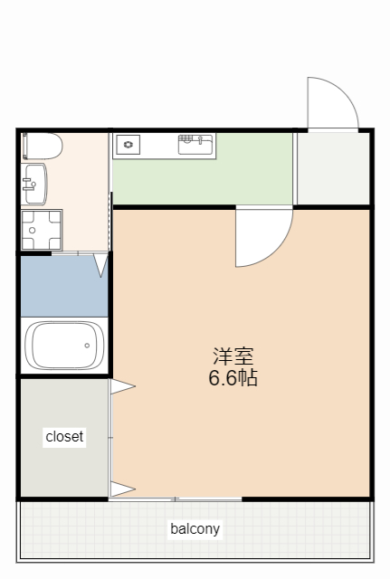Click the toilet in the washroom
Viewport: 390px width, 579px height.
pos(42,147)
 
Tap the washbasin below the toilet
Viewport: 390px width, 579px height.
pos(34,185)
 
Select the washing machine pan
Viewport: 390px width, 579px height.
pos(42,230)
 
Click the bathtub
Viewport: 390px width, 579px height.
pos(64,346)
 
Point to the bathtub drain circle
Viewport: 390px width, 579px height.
pos(87,346)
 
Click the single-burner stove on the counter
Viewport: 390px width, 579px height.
pos(128,145)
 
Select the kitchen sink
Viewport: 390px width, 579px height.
pos(195,145)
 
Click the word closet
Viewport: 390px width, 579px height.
pos(64,437)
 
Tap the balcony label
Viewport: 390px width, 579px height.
pos(195,528)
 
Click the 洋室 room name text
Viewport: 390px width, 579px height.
pos(233,356)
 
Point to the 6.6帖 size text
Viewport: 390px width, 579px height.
pos(233,378)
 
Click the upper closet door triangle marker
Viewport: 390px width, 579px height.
pos(123,386)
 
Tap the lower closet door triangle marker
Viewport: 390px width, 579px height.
pos(123,489)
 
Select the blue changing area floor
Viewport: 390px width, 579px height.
pos(64,286)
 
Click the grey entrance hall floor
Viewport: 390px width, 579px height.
pos(334,168)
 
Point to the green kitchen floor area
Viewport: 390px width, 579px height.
pos(203,182)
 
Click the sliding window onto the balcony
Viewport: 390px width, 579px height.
pos(175,499)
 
